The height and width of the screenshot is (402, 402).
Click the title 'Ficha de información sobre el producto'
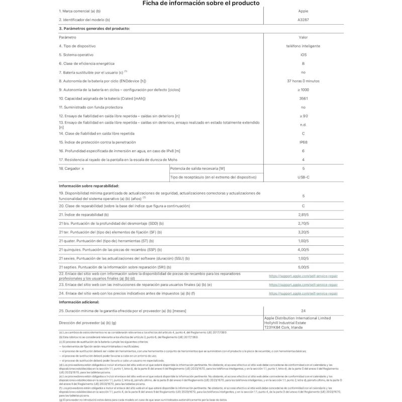(201, 4)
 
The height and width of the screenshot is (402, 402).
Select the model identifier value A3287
(303, 20)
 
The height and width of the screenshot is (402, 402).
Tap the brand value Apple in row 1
(303, 11)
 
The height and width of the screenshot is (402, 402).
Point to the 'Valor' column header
(303, 37)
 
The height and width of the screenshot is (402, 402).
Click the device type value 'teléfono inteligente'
(303, 46)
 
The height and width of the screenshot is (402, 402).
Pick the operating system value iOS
(303, 54)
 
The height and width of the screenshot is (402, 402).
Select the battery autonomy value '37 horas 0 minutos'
(303, 81)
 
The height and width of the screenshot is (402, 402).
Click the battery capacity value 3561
(303, 98)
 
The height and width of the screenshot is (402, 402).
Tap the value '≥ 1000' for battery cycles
(303, 89)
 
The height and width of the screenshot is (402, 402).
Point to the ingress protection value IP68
(303, 142)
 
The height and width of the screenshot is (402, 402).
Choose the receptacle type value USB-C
(303, 177)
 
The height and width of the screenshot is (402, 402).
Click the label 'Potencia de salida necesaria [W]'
(198, 168)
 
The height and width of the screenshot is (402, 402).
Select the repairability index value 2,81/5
(303, 214)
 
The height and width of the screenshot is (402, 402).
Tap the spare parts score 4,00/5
(303, 249)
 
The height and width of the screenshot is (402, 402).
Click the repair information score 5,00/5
(303, 267)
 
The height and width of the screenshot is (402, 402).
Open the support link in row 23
(303, 284)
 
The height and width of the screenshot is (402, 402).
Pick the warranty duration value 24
(303, 311)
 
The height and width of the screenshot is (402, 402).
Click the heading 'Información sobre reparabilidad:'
(89, 186)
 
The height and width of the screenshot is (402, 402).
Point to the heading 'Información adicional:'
(79, 302)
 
